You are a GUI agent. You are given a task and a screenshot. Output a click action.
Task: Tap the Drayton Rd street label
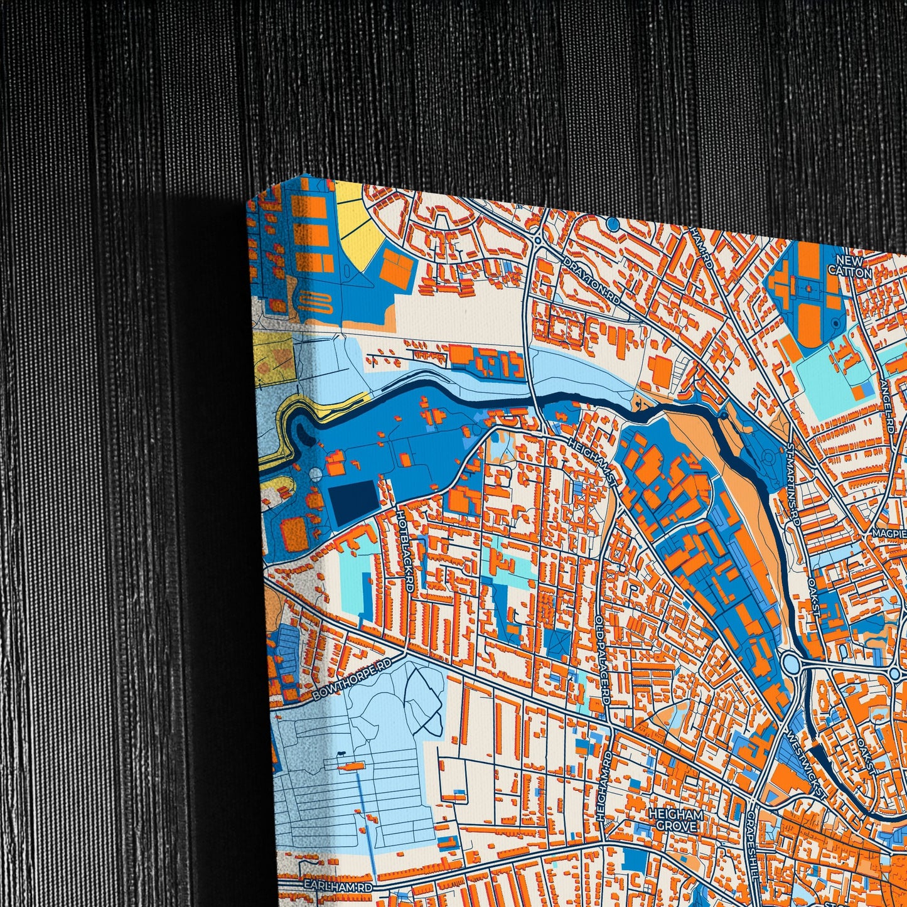click(592, 282)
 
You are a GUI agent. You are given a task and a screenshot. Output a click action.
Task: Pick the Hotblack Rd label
click(404, 550)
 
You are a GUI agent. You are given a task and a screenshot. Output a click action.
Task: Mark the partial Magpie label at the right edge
click(889, 533)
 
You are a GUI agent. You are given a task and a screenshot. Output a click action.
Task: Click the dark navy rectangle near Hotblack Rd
click(355, 504)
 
